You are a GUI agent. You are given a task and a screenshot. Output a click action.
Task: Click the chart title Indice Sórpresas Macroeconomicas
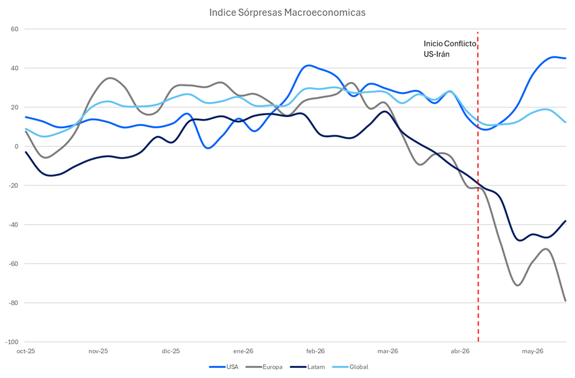(x=287, y=13)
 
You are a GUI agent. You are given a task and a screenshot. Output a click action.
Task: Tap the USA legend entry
(x=224, y=367)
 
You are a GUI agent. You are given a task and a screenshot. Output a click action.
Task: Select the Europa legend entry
(x=264, y=367)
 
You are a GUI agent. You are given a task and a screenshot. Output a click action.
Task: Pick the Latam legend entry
(x=307, y=367)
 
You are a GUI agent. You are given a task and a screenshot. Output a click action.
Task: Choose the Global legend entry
(x=350, y=367)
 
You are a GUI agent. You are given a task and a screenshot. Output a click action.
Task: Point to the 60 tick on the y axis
(x=14, y=29)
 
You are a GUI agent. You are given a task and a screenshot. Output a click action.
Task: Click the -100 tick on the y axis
(x=12, y=342)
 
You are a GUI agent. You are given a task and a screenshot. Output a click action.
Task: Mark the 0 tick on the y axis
(x=16, y=146)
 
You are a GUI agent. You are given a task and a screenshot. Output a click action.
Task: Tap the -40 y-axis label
(x=14, y=225)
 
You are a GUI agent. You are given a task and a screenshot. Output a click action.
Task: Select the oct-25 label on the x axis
(x=26, y=351)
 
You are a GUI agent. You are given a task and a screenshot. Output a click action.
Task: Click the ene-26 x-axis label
(x=243, y=351)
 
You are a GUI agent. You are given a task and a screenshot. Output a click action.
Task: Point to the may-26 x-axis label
(x=532, y=351)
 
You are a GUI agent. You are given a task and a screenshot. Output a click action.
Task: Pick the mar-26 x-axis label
(x=388, y=351)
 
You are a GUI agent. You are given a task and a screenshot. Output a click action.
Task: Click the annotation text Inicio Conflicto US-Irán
(x=450, y=49)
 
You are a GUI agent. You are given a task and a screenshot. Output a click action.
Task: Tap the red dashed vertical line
(x=478, y=187)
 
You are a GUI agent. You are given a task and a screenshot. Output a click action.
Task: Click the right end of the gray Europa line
(x=566, y=300)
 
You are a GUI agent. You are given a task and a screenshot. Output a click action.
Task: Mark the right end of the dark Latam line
(x=566, y=221)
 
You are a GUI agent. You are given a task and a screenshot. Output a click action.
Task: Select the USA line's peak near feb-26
(x=308, y=66)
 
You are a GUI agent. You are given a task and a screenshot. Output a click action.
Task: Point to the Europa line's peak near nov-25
(x=109, y=78)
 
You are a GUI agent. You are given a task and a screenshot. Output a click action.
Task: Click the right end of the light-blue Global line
(x=566, y=122)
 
